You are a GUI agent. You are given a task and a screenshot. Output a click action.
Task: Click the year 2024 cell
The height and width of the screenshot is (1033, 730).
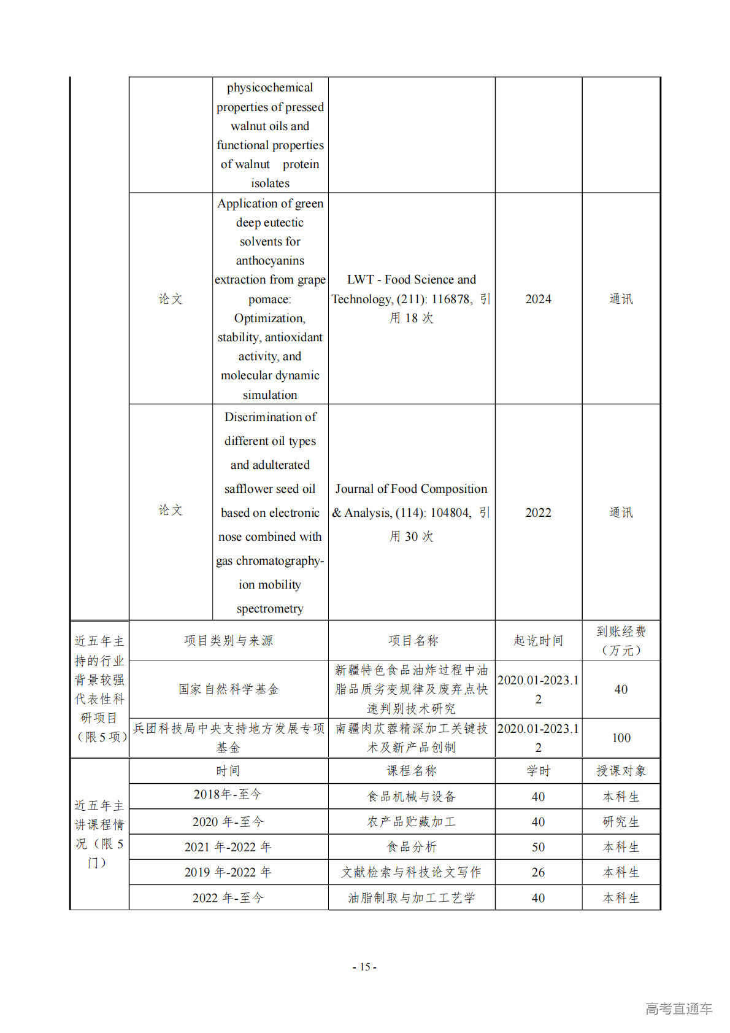(538, 299)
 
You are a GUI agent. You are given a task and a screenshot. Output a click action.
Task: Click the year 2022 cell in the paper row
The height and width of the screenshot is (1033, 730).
(538, 513)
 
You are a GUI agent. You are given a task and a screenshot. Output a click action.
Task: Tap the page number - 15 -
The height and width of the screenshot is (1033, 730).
(364, 967)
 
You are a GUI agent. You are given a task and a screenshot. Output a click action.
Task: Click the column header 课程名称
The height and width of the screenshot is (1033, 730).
(412, 771)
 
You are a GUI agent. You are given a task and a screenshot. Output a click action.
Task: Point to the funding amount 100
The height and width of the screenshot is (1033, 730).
(621, 738)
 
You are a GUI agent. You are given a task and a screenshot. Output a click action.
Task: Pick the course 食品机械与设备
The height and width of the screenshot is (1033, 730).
(412, 797)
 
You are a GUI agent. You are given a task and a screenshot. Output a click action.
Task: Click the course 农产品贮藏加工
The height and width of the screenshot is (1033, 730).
(412, 822)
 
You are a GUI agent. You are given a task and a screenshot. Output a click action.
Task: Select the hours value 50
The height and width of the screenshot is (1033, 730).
(538, 847)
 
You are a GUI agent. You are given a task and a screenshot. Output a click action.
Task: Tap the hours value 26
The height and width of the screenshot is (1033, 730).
(538, 872)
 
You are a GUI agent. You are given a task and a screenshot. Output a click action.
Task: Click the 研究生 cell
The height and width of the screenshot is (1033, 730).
(621, 822)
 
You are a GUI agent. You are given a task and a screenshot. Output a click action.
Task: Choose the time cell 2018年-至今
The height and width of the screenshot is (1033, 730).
(228, 794)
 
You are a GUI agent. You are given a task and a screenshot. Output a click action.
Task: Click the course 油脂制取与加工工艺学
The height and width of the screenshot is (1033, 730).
(412, 898)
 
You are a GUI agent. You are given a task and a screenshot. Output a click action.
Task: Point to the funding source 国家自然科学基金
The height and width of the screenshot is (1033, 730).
(228, 689)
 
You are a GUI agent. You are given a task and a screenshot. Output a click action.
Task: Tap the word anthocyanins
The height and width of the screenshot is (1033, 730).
(270, 261)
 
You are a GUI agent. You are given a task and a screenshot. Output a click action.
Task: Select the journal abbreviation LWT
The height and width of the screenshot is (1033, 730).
(361, 280)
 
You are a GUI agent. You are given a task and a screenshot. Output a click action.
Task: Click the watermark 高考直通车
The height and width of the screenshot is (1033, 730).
(678, 1008)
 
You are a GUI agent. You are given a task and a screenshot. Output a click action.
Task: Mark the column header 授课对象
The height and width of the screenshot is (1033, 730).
(621, 771)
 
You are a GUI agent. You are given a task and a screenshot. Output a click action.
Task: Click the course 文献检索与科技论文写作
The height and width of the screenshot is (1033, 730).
(412, 872)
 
